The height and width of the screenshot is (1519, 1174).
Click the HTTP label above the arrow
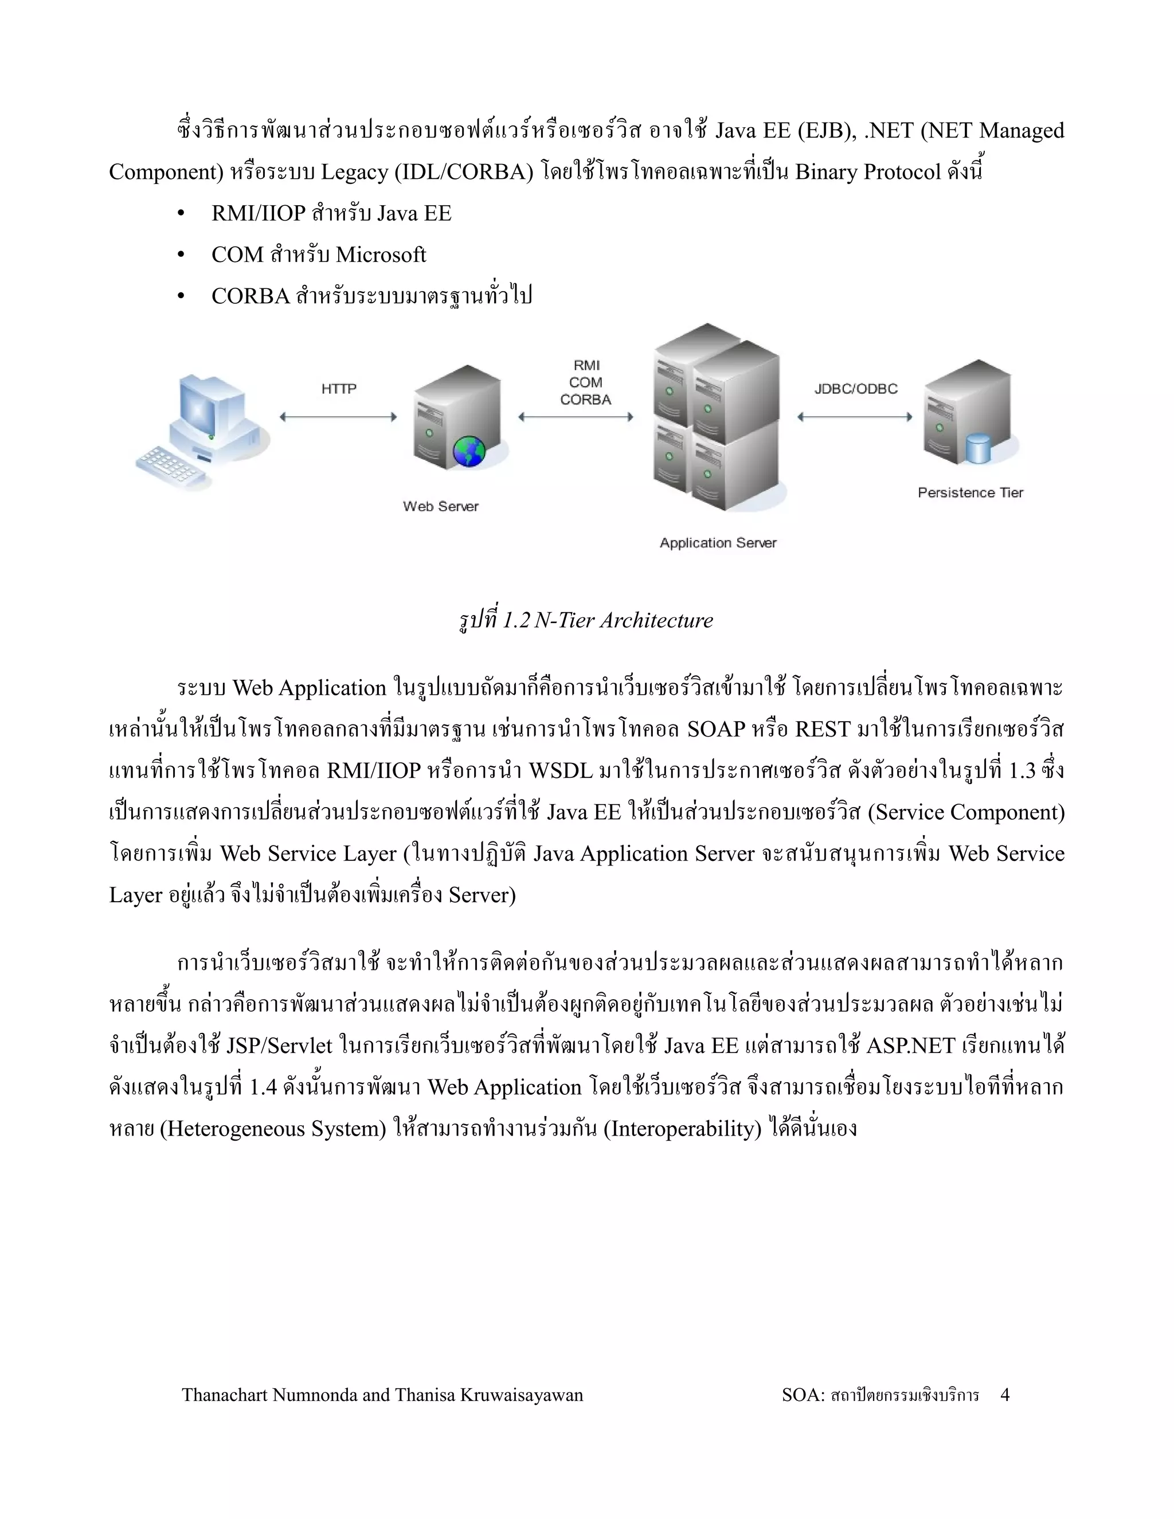[x=339, y=389]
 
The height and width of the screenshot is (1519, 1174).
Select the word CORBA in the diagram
[x=586, y=400]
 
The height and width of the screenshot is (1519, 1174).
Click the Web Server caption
[x=441, y=506]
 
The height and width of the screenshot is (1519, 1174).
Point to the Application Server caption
[x=718, y=542]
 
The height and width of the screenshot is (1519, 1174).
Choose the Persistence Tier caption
[x=970, y=492]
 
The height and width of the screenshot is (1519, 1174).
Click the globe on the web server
[x=469, y=451]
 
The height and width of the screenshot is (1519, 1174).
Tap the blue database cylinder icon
[x=979, y=449]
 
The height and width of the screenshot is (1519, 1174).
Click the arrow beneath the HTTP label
[x=338, y=417]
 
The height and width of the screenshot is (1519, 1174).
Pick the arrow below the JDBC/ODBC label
[x=855, y=417]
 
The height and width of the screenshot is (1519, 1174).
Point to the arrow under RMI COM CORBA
[x=576, y=417]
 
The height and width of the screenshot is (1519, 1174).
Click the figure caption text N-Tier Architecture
[x=623, y=620]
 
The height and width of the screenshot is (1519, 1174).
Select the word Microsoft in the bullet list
[x=381, y=255]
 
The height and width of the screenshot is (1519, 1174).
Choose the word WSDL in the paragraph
[x=561, y=770]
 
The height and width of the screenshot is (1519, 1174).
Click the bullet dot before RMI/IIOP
[x=182, y=214]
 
